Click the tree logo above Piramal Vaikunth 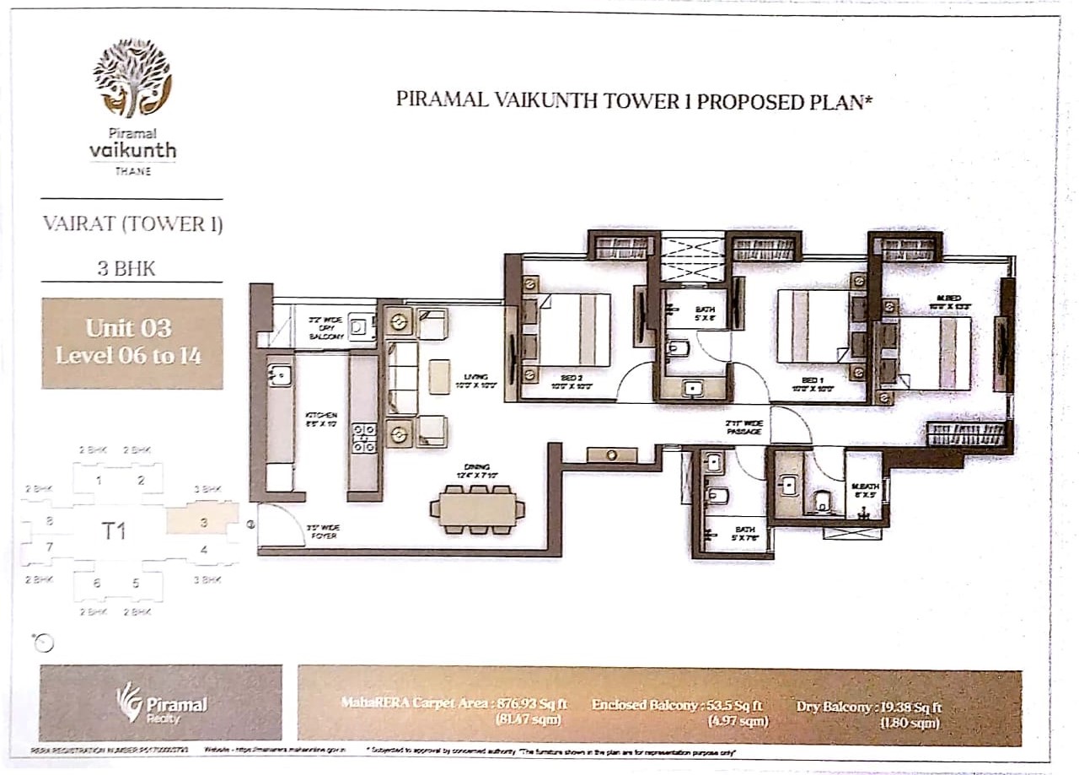[x=132, y=77]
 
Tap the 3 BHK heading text [x=132, y=270]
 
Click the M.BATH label [x=862, y=491]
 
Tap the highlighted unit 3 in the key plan [x=202, y=521]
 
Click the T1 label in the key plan [x=114, y=530]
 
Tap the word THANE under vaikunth [x=132, y=171]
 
